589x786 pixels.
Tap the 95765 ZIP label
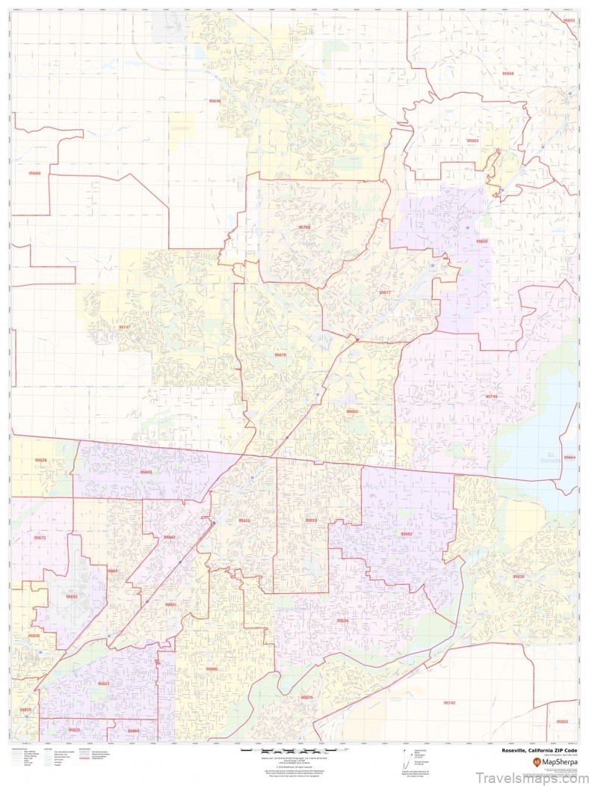click(x=304, y=227)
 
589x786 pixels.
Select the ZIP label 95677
click(x=384, y=292)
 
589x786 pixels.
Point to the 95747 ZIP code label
click(x=124, y=327)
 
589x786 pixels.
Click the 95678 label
click(x=280, y=354)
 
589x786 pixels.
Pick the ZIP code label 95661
click(x=352, y=411)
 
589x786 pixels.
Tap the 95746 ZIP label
click(x=491, y=396)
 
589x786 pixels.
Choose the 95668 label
click(x=35, y=174)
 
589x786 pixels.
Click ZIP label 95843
click(x=146, y=472)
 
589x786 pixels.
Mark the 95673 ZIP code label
click(x=40, y=537)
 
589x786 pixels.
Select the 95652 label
click(x=72, y=596)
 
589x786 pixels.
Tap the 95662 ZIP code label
click(x=407, y=534)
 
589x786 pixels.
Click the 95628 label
click(x=342, y=620)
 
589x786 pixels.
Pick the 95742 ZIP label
click(x=449, y=702)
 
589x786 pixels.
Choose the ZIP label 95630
click(x=519, y=577)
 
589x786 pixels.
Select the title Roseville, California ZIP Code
click(x=540, y=749)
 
